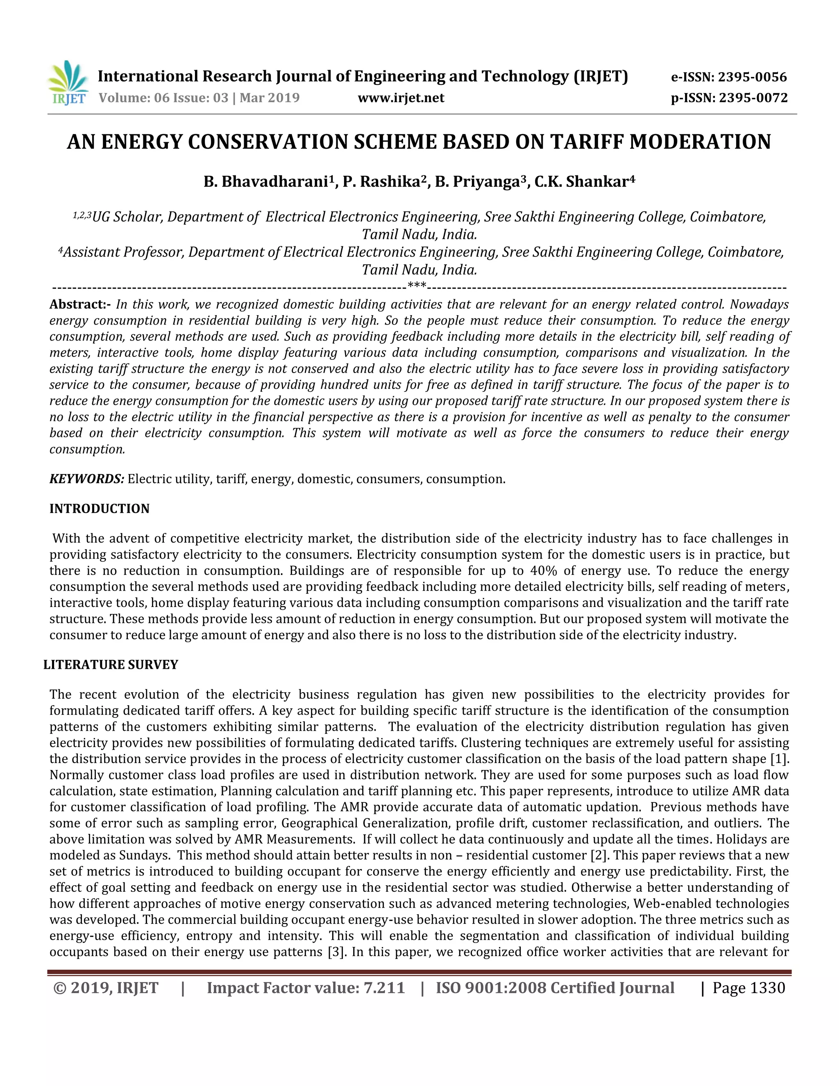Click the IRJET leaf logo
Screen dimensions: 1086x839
click(68, 82)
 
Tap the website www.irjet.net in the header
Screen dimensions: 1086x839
click(401, 98)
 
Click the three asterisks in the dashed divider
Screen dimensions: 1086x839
click(417, 286)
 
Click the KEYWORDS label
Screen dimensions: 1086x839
click(86, 479)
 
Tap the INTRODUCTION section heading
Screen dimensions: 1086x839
click(100, 509)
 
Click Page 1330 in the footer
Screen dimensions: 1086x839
click(748, 988)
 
